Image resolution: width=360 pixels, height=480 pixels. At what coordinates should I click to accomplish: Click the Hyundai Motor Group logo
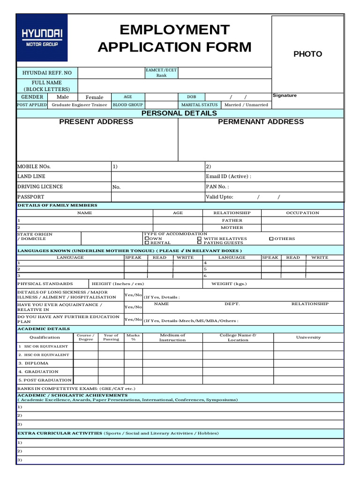point(42,38)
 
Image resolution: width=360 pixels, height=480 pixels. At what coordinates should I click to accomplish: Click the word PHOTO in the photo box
point(307,54)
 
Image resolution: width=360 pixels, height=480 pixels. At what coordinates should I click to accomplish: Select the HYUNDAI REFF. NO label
point(47,73)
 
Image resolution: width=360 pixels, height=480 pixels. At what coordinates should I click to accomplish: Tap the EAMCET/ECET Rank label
point(161,73)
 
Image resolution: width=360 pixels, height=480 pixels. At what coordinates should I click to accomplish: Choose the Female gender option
point(94,97)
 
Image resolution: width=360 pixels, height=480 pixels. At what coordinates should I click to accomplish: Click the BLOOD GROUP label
point(127,105)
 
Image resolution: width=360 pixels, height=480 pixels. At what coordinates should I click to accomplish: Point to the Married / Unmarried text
point(246,105)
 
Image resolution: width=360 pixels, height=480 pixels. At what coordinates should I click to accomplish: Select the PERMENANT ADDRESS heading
point(261,122)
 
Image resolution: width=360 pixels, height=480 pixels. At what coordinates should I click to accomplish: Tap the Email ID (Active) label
point(228,177)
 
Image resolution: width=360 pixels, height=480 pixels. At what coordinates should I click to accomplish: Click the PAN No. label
point(217,187)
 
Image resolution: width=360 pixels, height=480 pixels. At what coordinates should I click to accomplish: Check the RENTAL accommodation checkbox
point(147,243)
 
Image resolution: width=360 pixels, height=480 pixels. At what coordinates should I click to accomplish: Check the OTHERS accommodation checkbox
point(271,239)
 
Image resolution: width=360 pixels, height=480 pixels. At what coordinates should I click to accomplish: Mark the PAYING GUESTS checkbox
point(199,243)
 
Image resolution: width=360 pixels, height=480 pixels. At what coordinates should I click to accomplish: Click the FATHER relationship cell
point(232,220)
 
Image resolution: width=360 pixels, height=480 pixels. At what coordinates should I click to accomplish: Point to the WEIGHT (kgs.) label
point(229,284)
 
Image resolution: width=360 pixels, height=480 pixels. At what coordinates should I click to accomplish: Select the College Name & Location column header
point(238,337)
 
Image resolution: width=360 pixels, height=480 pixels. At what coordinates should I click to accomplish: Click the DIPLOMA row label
point(33,363)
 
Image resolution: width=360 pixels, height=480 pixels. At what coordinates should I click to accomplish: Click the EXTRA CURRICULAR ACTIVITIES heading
point(60,433)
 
